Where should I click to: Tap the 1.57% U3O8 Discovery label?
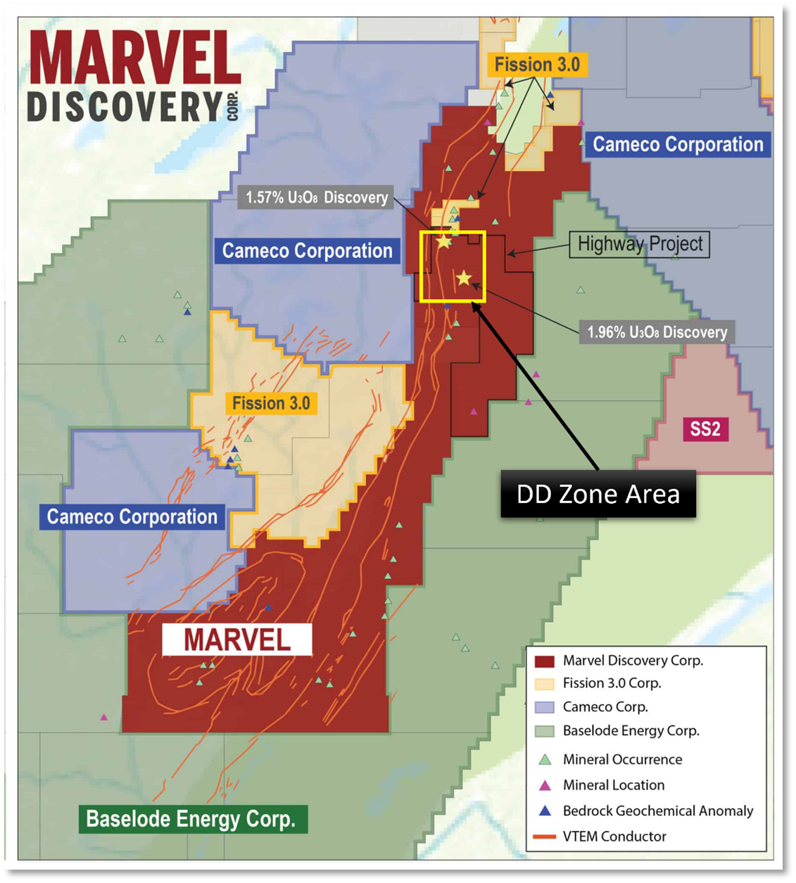[317, 198]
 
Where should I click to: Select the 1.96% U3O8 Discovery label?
[657, 332]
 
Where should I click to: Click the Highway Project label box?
[639, 244]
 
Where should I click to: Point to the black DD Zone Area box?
[598, 494]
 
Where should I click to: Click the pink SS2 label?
[705, 428]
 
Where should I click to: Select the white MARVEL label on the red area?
[237, 640]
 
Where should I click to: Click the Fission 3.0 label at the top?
[537, 65]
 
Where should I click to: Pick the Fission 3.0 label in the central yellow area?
[271, 403]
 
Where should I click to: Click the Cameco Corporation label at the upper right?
[678, 144]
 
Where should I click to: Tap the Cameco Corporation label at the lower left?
[132, 516]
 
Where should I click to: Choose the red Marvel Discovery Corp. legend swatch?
[544, 661]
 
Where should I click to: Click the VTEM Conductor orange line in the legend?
[544, 837]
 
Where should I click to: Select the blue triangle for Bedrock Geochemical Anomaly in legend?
[544, 811]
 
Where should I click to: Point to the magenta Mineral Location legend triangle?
[544, 785]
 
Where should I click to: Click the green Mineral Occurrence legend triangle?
[544, 760]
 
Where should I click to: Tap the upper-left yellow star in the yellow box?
[443, 242]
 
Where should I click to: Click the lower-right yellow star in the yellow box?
[463, 279]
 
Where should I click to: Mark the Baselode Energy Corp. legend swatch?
[544, 731]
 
